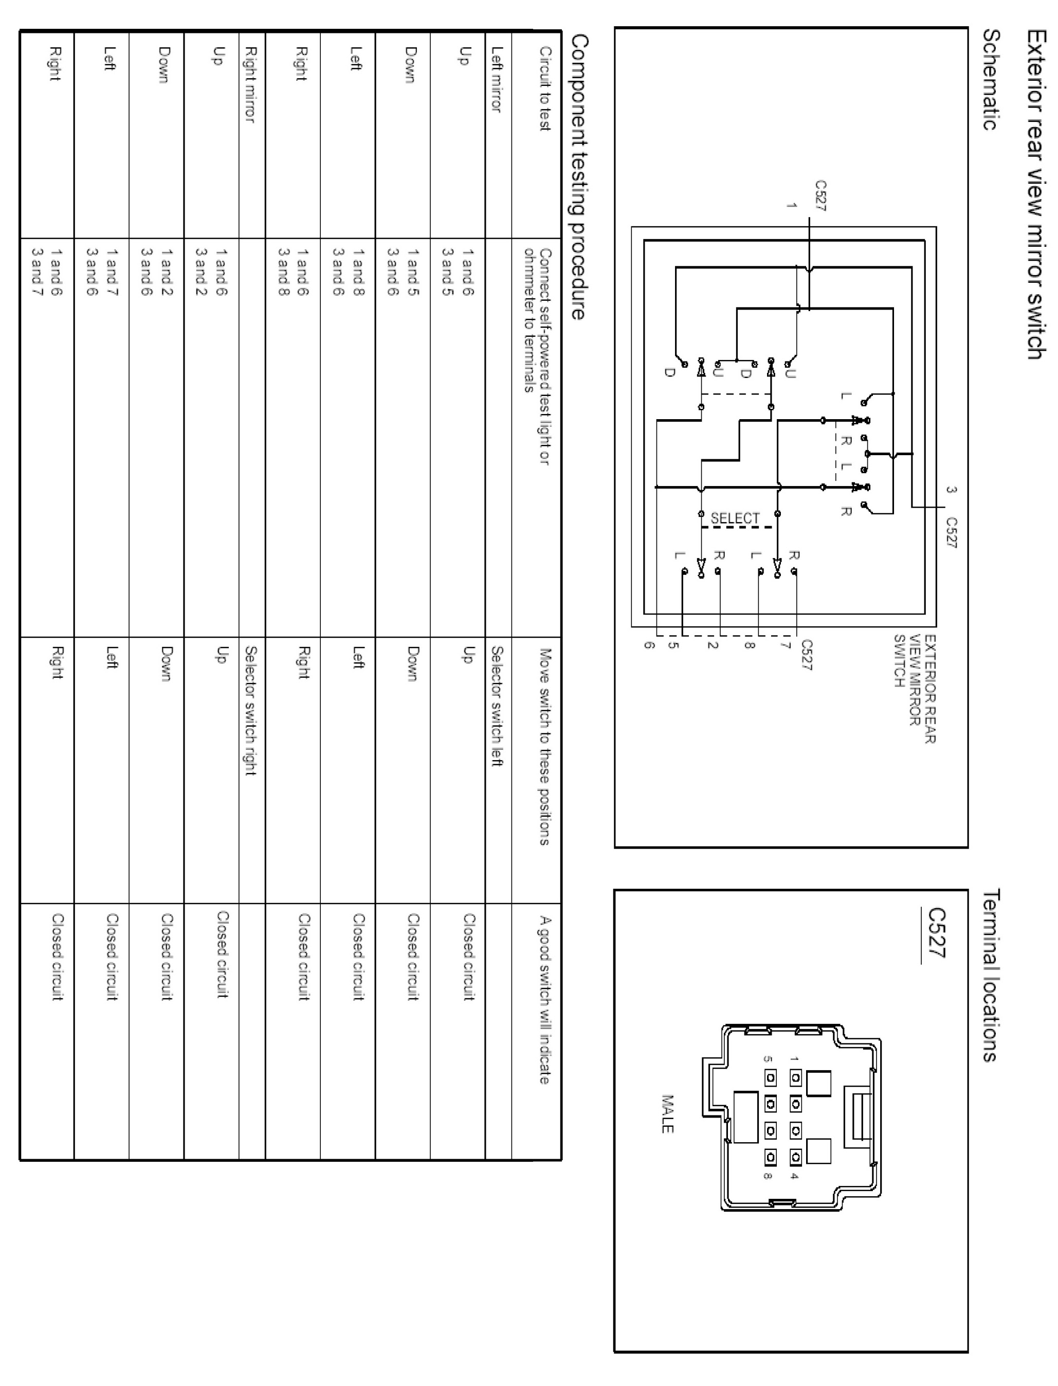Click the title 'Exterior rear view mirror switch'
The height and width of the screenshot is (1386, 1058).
point(1036,195)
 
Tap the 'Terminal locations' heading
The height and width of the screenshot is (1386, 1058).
point(991,975)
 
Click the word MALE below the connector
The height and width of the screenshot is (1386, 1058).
point(667,1114)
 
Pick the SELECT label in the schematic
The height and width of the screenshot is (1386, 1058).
point(735,518)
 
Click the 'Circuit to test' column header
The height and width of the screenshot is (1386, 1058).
point(545,89)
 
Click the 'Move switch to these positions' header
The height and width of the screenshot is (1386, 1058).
point(545,747)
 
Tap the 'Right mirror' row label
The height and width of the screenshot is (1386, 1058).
point(250,84)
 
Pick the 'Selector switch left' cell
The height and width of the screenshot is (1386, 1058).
point(497,706)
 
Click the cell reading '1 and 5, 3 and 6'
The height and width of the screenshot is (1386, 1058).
point(403,271)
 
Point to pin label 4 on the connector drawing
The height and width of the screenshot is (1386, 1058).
point(795,1176)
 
